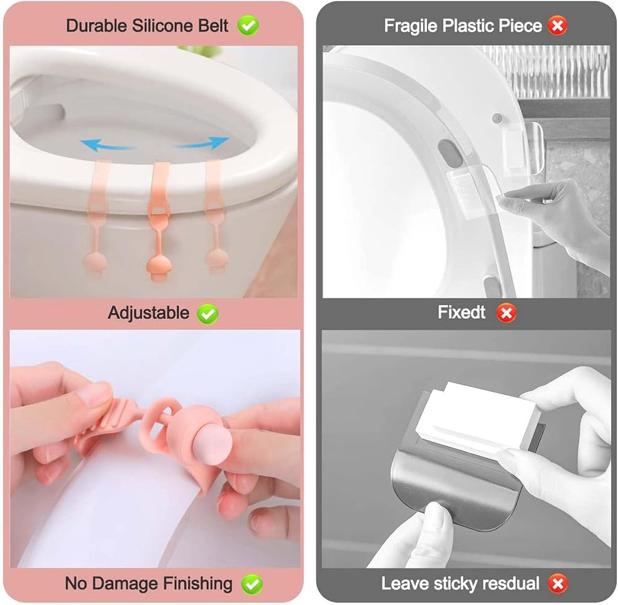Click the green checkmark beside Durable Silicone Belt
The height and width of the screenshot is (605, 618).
point(248,25)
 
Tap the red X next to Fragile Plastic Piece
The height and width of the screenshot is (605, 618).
point(557,25)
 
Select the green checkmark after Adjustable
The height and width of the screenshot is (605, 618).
point(207,314)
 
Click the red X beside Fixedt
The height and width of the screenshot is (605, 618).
point(506,313)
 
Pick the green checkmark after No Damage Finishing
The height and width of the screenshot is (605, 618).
point(252,584)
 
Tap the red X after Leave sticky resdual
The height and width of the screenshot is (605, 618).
point(557,584)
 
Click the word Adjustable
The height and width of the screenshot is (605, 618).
point(148,313)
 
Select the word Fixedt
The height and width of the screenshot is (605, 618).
point(462,312)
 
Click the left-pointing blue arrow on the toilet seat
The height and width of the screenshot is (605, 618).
point(105,145)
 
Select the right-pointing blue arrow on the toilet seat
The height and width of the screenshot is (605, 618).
point(203,142)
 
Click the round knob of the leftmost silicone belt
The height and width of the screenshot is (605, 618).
point(95,263)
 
